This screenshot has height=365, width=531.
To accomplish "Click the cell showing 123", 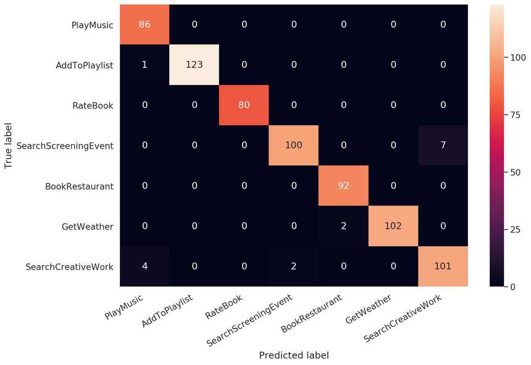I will pos(194,65).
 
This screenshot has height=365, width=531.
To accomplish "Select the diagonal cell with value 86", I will pos(144,25).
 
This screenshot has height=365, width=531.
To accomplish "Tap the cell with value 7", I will pos(443,146).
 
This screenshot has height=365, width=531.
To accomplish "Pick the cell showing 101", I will pos(443,266).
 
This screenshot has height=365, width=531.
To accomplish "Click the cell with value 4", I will pos(144,266).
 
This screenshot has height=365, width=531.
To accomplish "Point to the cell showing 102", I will pos(393,226).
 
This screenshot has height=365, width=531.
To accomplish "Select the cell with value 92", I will pos(343,186).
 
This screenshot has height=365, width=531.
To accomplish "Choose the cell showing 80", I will pos(244,105).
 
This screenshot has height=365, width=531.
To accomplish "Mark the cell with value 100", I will pos(293,146).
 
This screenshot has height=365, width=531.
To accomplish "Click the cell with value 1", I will pos(144,65).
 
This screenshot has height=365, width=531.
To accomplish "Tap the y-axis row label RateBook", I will pos(93,105).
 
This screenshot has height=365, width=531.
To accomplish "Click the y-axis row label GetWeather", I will pos(87,226).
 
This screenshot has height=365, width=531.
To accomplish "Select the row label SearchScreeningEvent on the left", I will pos(65,146).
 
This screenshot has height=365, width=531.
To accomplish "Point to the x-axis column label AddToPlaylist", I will pos(167,311).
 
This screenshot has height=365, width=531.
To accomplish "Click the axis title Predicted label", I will pos(293,355).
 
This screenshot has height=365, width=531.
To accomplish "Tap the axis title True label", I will pos(9,146).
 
